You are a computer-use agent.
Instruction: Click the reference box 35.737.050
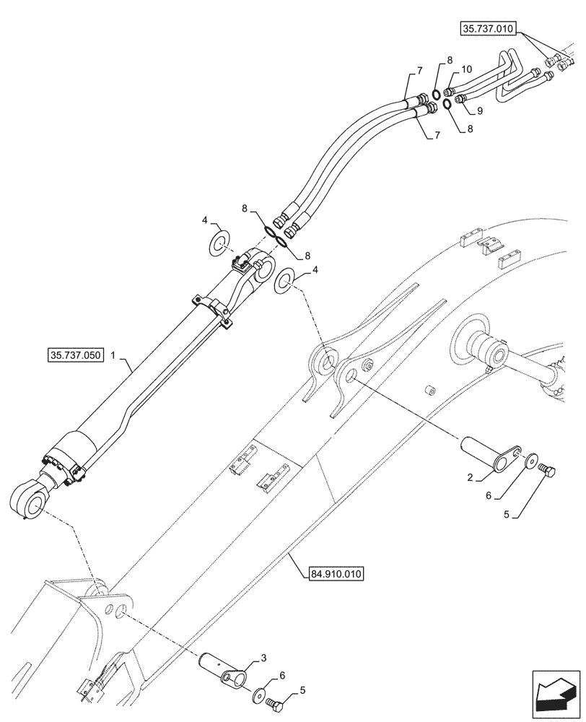[x=76, y=355]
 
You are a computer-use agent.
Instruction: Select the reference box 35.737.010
[x=486, y=30]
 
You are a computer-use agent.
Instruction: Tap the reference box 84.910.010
[x=333, y=574]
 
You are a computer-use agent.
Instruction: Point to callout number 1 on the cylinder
[x=123, y=357]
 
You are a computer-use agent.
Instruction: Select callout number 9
[x=480, y=111]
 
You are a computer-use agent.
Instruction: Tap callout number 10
[x=466, y=69]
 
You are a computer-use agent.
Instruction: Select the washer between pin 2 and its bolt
[x=531, y=459]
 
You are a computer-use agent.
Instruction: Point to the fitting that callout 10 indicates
[x=449, y=92]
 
